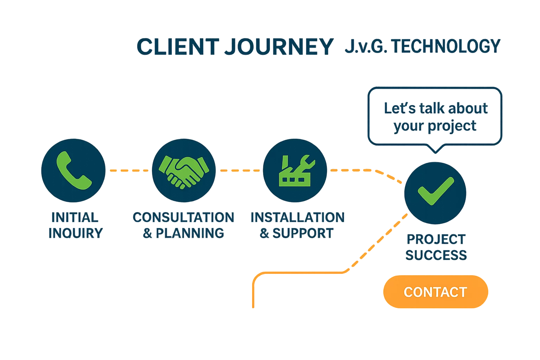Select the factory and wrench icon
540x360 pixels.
[x=295, y=171]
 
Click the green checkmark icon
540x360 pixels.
[x=435, y=192]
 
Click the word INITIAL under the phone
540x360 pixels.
[x=75, y=217]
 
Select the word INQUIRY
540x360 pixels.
[x=76, y=233]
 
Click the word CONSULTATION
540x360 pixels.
[x=183, y=217]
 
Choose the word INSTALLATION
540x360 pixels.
[x=297, y=217]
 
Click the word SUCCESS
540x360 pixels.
[x=436, y=255]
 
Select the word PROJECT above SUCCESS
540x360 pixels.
[x=436, y=240]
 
